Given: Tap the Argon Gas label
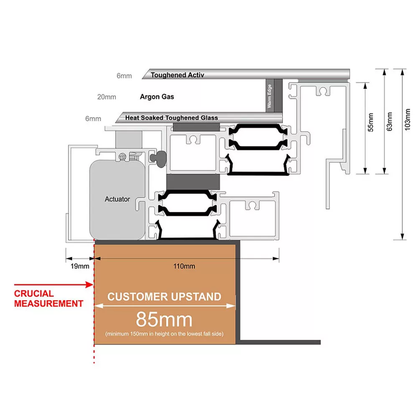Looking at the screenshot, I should point(157,97).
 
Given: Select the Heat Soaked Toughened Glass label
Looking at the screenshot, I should point(171,118).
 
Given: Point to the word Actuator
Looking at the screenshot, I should point(117,199).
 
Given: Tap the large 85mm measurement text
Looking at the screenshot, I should point(164,320).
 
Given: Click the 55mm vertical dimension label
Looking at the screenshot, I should point(370,122).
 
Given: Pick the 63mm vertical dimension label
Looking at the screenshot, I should point(390,122).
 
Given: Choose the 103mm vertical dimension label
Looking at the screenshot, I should point(408,122).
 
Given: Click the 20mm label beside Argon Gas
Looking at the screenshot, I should point(107,97).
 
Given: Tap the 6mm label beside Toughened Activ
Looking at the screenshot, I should point(124,76).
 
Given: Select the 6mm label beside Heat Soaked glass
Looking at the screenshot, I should point(93,118).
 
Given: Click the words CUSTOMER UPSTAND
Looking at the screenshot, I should point(164,297).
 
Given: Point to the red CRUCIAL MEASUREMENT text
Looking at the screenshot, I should point(48,299).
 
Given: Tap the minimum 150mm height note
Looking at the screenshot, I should point(164,334).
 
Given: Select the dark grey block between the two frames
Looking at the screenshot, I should point(193,181).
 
